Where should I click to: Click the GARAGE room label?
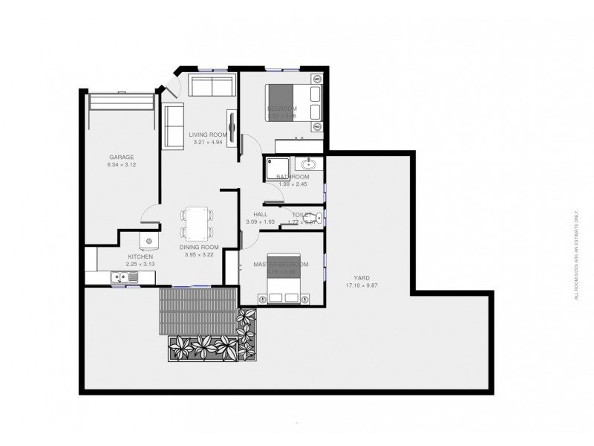click(122, 157)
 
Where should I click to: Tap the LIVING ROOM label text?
click(208, 135)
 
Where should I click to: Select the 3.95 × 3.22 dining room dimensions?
click(200, 255)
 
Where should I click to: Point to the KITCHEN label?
click(140, 256)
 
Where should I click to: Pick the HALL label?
click(260, 214)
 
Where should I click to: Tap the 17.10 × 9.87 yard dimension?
click(363, 286)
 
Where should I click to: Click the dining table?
click(197, 222)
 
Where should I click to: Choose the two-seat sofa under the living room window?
click(211, 85)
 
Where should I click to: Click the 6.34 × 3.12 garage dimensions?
click(122, 165)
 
